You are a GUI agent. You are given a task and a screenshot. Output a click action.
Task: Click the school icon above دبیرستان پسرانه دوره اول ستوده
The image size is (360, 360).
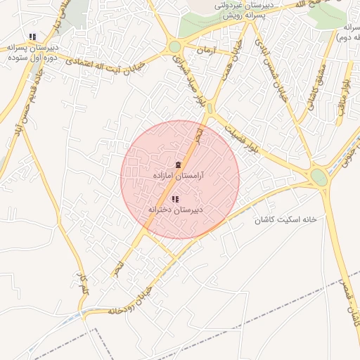(x=32, y=37)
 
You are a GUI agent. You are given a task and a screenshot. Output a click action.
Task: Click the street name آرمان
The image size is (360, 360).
(x=205, y=51)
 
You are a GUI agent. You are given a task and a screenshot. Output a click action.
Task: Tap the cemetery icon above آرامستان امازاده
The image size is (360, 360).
(x=178, y=164)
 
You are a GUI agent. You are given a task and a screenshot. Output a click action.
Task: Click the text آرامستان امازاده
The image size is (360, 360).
(x=178, y=174)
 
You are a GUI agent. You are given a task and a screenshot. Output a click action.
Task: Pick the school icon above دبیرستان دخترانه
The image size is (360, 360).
(x=175, y=200)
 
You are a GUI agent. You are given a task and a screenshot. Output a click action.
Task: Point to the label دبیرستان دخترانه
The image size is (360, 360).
(x=175, y=210)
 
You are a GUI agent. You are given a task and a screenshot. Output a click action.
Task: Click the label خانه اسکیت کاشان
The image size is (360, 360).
(x=286, y=219)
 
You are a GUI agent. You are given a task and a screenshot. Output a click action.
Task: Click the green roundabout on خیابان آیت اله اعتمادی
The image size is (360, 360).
(x=174, y=47)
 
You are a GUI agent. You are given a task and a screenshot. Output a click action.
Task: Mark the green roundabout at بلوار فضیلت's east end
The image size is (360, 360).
(x=319, y=176)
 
